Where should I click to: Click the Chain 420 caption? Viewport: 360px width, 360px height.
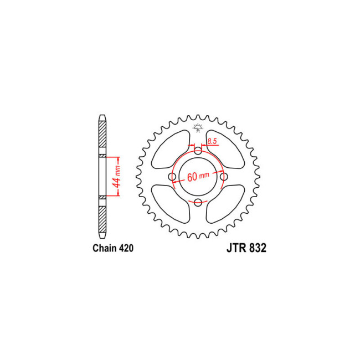click(112, 249)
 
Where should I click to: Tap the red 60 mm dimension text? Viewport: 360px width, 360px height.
click(198, 177)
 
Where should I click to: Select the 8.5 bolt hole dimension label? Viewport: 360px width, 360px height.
click(212, 142)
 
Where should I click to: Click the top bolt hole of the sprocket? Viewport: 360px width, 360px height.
click(198, 151)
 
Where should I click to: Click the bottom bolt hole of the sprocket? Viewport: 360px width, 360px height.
click(198, 202)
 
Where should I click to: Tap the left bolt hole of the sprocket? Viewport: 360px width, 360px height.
click(172, 177)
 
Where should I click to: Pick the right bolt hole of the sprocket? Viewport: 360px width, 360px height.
click(224, 177)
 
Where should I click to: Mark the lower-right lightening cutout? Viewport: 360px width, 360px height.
click(225, 203)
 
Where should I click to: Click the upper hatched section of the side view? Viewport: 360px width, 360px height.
click(102, 136)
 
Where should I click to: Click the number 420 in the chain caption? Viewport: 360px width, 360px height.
click(125, 249)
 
